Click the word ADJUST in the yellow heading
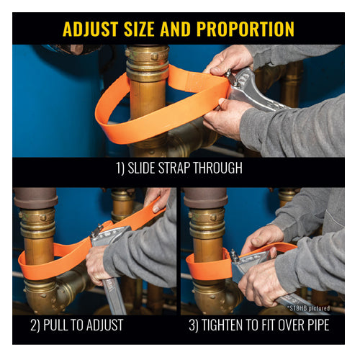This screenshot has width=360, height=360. click(90, 29)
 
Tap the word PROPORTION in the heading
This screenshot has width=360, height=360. click(246, 29)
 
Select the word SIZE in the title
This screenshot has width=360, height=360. click(139, 29)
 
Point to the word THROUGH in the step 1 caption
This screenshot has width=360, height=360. click(218, 168)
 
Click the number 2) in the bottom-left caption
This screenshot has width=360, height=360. click(35, 325)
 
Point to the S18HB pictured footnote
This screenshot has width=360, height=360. click(308, 308)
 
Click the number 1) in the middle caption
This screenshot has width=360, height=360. click(120, 168)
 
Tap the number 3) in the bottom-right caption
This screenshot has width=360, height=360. click(194, 325)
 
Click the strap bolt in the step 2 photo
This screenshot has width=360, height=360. click(98, 230)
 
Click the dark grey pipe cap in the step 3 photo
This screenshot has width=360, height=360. click(205, 198)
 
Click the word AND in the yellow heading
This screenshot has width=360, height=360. click(176, 29)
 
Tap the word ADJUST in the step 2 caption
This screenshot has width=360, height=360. click(105, 325)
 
